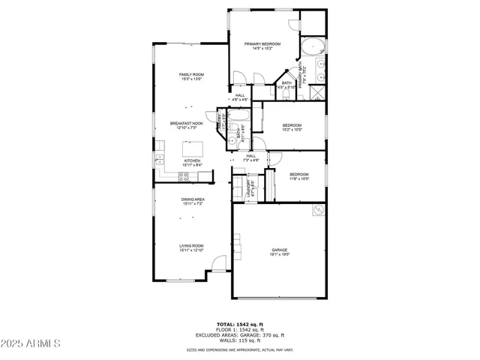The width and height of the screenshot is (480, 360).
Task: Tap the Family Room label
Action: (191, 76)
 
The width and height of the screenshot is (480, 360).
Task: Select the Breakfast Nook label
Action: (187, 125)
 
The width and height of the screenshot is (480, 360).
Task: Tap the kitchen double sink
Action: (159, 160)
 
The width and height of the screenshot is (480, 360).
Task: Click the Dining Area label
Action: (192, 201)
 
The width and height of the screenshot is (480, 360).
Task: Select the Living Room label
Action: (191, 247)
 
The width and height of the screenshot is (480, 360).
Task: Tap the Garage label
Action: (280, 252)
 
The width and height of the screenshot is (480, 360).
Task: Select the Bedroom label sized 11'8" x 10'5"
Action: (299, 176)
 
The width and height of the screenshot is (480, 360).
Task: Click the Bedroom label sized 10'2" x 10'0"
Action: (292, 127)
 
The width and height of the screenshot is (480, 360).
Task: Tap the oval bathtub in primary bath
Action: (310, 48)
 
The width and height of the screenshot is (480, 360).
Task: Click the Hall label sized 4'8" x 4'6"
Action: (240, 97)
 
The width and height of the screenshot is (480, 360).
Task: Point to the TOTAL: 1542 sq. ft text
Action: (240, 324)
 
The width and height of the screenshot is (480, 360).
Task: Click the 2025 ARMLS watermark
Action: (31, 344)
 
